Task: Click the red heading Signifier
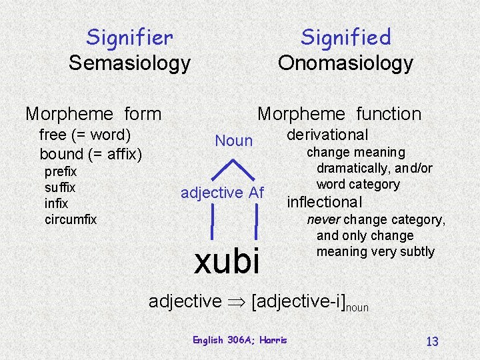(x=129, y=37)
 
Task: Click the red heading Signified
(x=345, y=37)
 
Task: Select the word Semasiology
(x=129, y=63)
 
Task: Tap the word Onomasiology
(x=345, y=63)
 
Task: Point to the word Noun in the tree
(x=233, y=141)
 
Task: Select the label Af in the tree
(x=257, y=193)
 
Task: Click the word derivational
(x=327, y=135)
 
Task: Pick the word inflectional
(x=324, y=202)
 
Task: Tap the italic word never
(x=321, y=219)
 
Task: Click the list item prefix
(x=60, y=171)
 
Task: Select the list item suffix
(x=59, y=187)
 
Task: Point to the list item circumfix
(x=71, y=219)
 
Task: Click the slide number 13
(x=432, y=341)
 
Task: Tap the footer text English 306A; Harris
(x=239, y=340)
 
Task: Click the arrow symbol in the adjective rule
(x=236, y=301)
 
